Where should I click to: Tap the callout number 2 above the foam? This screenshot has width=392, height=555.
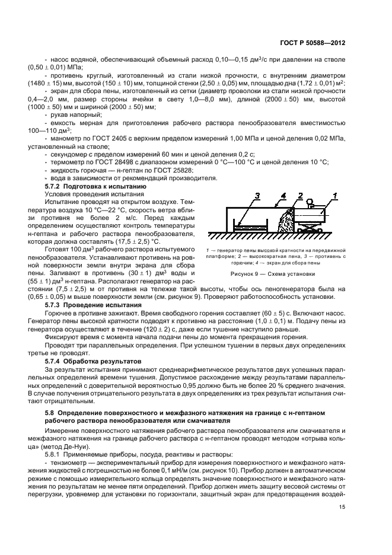[x=301, y=195]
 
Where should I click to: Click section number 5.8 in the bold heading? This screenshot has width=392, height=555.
[x=50, y=412]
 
